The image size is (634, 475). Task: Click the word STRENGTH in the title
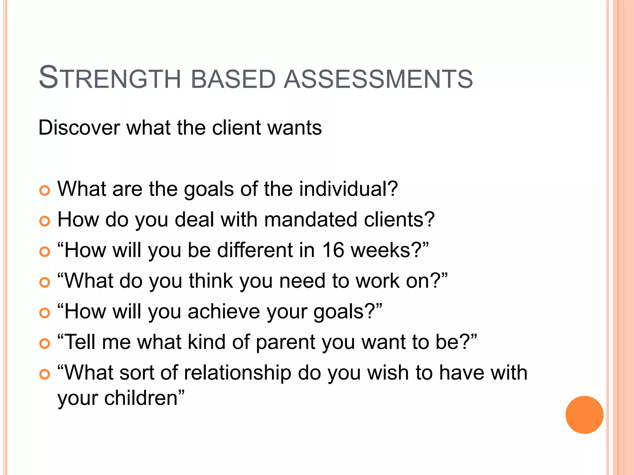coord(110,78)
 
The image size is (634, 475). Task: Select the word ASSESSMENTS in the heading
coord(378,79)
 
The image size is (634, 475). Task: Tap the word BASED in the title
coord(233,79)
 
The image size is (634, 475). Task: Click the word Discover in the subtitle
coord(79,127)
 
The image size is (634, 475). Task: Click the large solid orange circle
coord(584,415)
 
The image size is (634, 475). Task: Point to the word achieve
coord(224,311)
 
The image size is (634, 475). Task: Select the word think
coord(211,281)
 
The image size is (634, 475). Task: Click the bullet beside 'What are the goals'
coord(45,190)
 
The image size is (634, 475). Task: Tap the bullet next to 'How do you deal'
coord(45,221)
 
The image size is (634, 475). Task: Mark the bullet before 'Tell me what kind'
coord(45,344)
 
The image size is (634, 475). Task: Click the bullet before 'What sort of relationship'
coord(45,374)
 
